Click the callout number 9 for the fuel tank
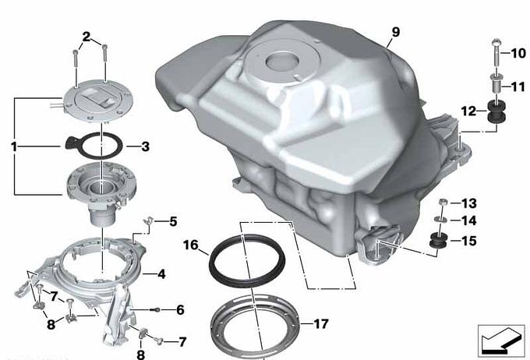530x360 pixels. pos(396,32)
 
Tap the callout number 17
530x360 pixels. pos(321,324)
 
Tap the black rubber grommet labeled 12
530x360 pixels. pos(496,113)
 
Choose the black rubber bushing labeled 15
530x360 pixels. pos(438,241)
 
